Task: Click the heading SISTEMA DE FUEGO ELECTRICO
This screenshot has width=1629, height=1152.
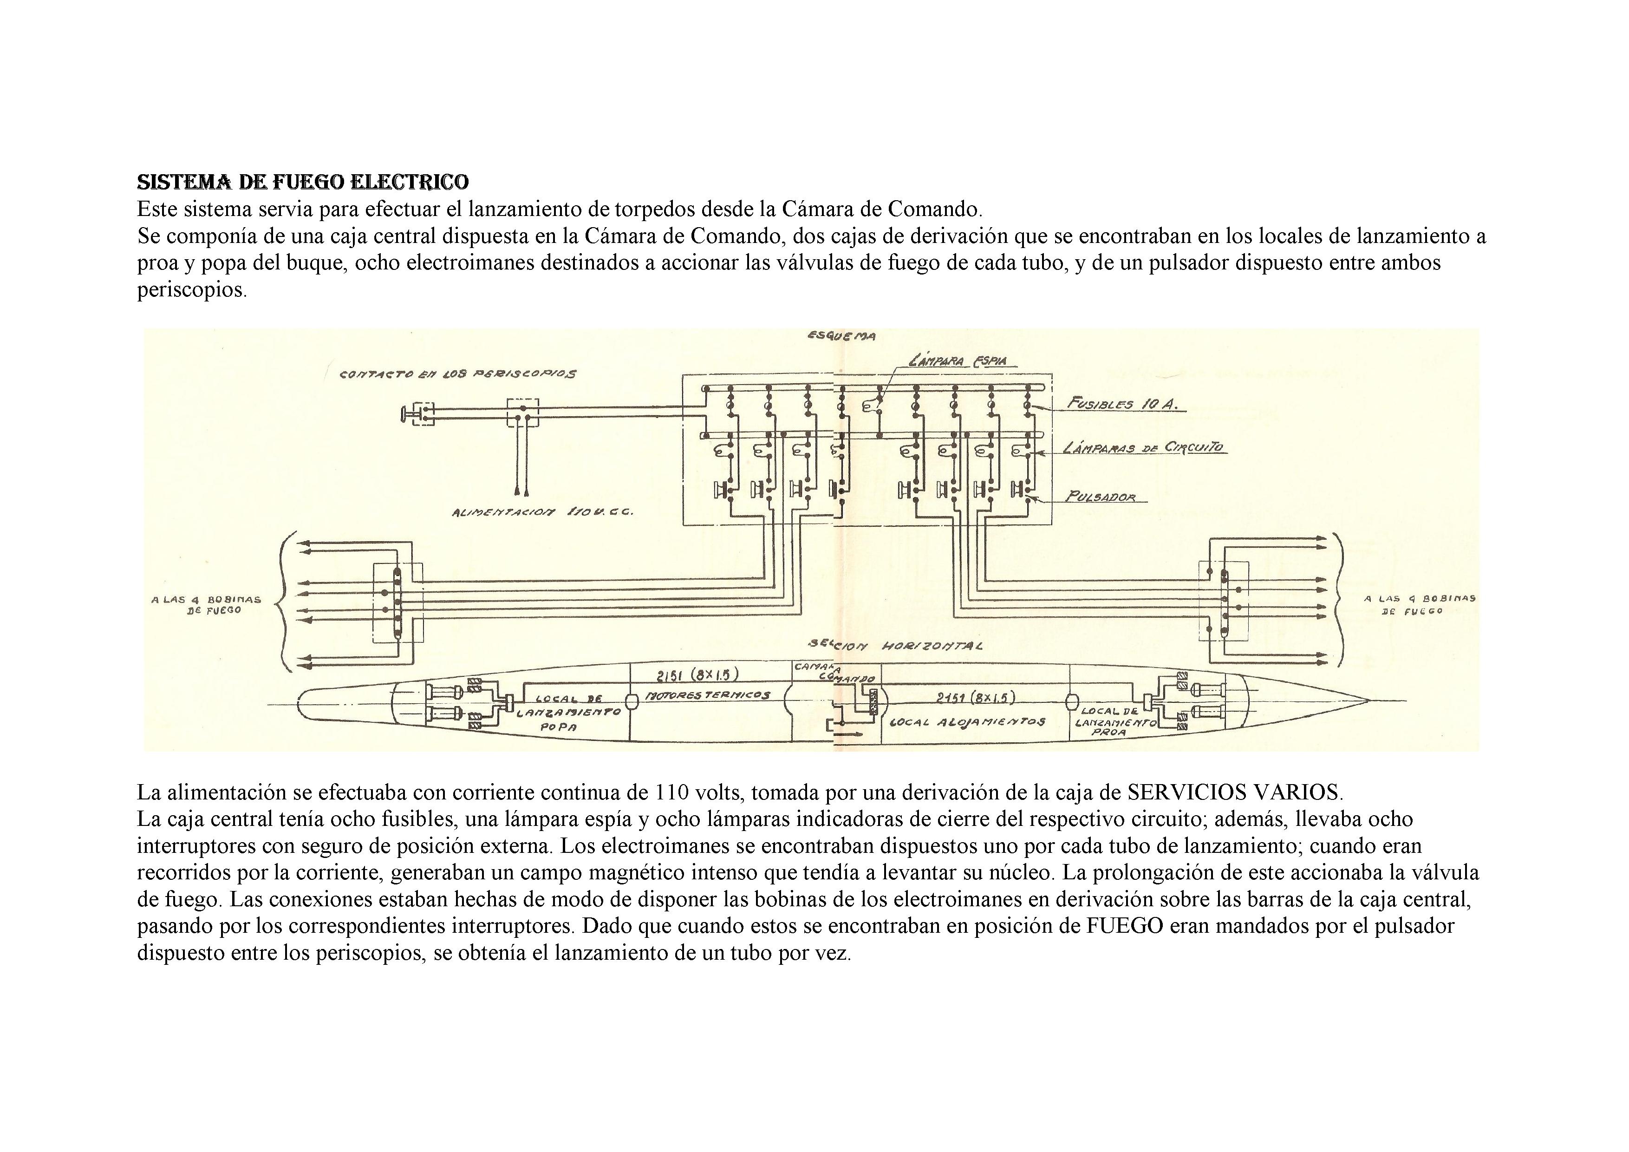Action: [302, 183]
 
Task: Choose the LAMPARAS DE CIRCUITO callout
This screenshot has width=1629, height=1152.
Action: [1144, 448]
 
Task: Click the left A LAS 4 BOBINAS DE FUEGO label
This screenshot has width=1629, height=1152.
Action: [206, 604]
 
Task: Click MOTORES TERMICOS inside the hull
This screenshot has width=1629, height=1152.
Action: [707, 695]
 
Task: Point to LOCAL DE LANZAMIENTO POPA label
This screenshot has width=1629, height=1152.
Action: [569, 713]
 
